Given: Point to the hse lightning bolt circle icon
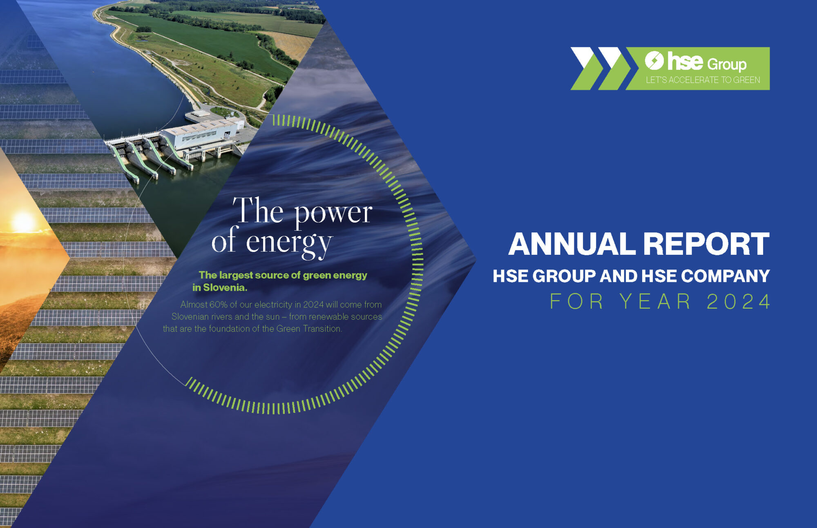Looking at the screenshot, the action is tap(654, 60).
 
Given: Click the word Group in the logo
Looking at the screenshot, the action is tap(727, 65).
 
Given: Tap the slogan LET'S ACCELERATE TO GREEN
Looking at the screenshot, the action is tap(703, 80).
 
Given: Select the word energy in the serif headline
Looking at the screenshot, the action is tap(290, 243).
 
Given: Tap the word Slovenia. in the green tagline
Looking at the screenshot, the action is tap(225, 287).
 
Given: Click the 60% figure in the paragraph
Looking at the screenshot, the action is tap(218, 305).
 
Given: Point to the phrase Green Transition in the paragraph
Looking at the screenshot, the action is tap(309, 329).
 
